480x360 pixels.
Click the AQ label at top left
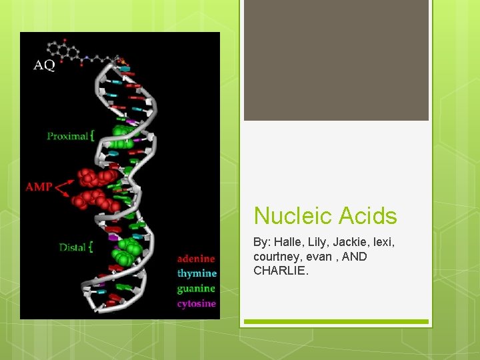tap(44, 65)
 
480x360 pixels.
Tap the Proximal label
tap(67, 136)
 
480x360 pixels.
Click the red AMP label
tap(39, 187)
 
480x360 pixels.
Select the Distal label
tap(72, 247)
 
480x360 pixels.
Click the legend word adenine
tap(196, 259)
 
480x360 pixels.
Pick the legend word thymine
tap(197, 273)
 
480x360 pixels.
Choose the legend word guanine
tap(196, 289)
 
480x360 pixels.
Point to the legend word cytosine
tap(196, 304)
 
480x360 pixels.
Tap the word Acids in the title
tap(367, 216)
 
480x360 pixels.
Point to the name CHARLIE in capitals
tap(281, 271)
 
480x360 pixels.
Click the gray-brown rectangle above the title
tap(336, 60)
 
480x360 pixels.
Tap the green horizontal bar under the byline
tap(336, 322)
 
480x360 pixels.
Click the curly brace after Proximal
tap(92, 136)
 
